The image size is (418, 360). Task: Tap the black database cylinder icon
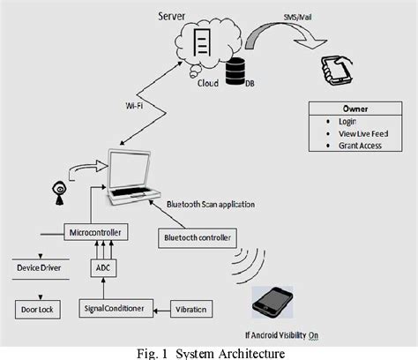(x=235, y=73)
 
